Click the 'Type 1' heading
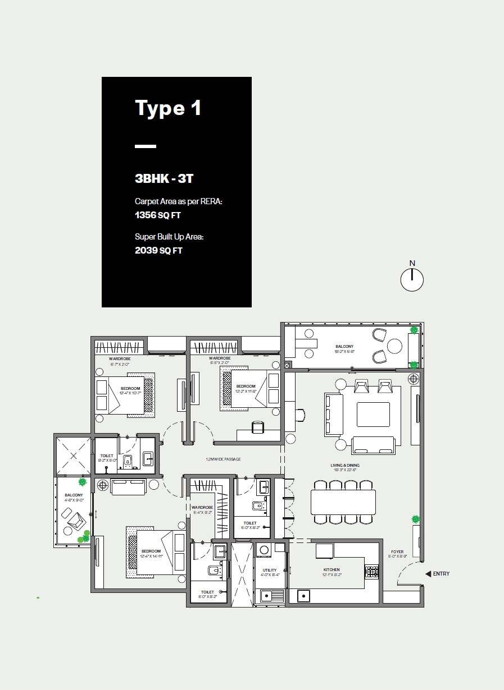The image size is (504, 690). click(x=167, y=108)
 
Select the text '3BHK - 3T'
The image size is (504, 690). click(x=164, y=179)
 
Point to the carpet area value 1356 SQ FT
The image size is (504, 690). click(x=158, y=215)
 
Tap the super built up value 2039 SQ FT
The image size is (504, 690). click(x=158, y=251)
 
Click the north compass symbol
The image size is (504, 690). click(x=412, y=279)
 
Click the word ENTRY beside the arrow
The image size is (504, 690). click(x=441, y=574)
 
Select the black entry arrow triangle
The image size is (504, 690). click(x=428, y=574)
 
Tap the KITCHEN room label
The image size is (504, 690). click(x=332, y=570)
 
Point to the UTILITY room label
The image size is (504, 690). click(x=270, y=571)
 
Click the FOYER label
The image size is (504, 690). click(x=397, y=552)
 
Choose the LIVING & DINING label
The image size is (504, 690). click(x=345, y=466)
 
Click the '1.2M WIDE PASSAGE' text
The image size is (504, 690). click(x=223, y=459)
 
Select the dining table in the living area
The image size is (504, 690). click(x=343, y=502)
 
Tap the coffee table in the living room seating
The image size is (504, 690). click(x=373, y=415)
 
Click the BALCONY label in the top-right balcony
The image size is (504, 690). click(x=345, y=347)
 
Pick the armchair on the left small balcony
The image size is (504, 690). click(x=73, y=520)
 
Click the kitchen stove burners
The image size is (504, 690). click(x=371, y=572)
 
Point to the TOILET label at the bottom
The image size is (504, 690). click(x=207, y=592)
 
